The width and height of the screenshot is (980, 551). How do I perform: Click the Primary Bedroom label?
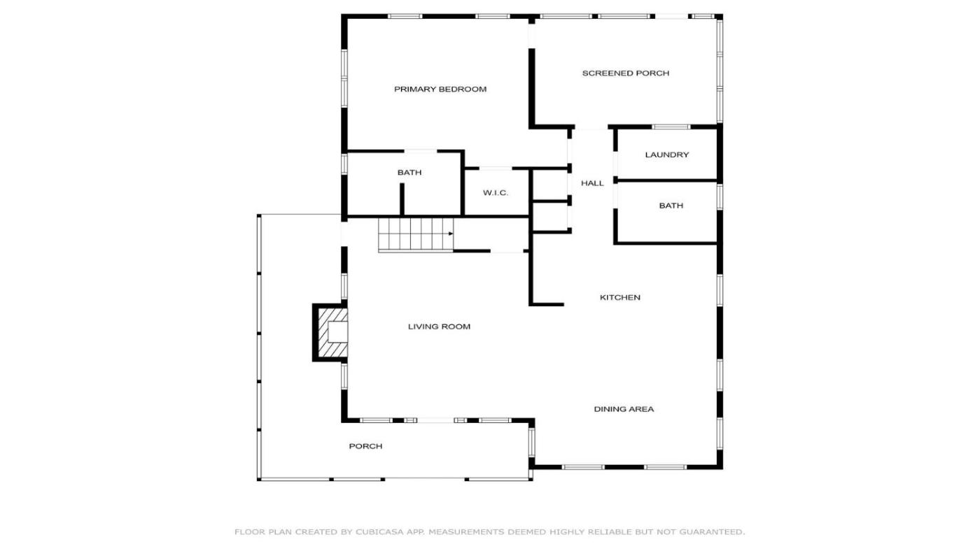[440, 89]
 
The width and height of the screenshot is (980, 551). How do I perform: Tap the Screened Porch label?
[626, 73]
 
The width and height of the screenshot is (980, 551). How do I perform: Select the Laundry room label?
[666, 155]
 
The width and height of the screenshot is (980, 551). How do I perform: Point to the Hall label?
[592, 183]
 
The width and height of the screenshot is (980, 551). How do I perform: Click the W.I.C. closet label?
[496, 193]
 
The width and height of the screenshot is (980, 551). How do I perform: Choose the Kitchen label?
[620, 298]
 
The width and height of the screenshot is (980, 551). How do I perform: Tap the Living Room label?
[440, 327]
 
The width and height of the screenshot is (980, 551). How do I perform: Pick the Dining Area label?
[624, 409]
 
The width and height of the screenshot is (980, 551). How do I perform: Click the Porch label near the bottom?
[365, 446]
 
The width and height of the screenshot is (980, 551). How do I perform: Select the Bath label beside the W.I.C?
[409, 173]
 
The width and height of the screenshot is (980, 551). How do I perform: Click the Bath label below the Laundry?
[671, 206]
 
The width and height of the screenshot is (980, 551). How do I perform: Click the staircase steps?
[416, 235]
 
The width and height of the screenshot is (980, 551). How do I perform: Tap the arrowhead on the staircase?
[451, 234]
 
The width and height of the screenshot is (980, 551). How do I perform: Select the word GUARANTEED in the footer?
[711, 532]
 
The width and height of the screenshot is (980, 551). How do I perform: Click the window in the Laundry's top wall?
[671, 127]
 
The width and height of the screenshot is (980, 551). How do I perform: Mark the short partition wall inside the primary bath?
[402, 199]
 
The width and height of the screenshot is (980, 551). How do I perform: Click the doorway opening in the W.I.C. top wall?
[496, 169]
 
